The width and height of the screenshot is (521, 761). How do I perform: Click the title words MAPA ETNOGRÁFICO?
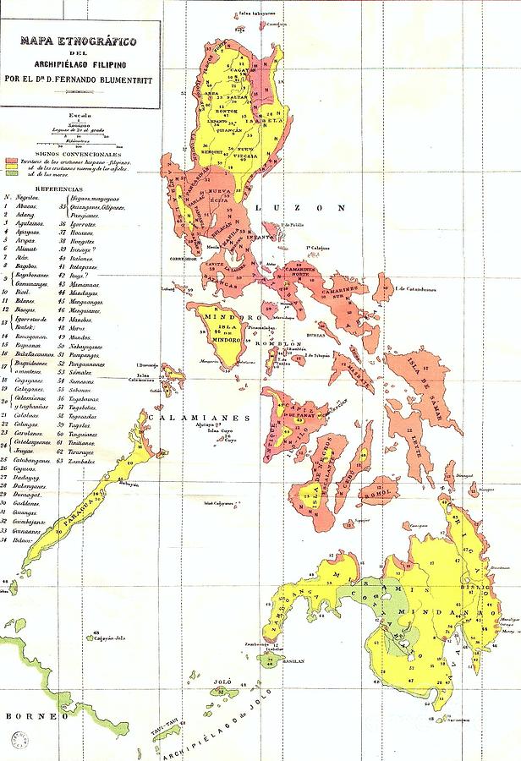pos(71,40)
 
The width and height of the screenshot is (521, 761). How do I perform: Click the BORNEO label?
pos(26,716)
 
